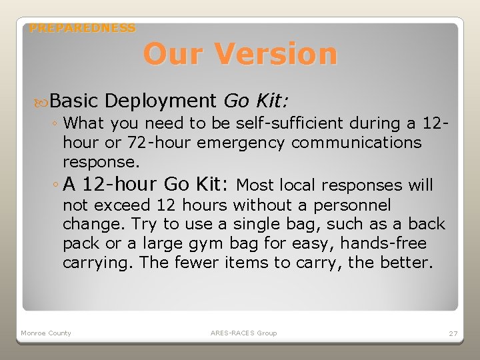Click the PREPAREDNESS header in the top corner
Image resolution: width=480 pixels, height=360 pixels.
coord(83,28)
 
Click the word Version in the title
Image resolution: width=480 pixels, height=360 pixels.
coord(280,54)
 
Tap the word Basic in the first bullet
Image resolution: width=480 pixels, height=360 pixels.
coord(73,101)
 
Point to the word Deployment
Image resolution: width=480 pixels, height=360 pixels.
coord(161,101)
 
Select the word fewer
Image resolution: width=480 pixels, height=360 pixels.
coord(196,263)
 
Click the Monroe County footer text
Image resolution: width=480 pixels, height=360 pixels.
coord(46,333)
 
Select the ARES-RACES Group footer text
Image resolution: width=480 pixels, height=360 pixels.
coord(243,333)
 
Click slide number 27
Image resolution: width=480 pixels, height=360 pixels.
coord(452,333)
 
